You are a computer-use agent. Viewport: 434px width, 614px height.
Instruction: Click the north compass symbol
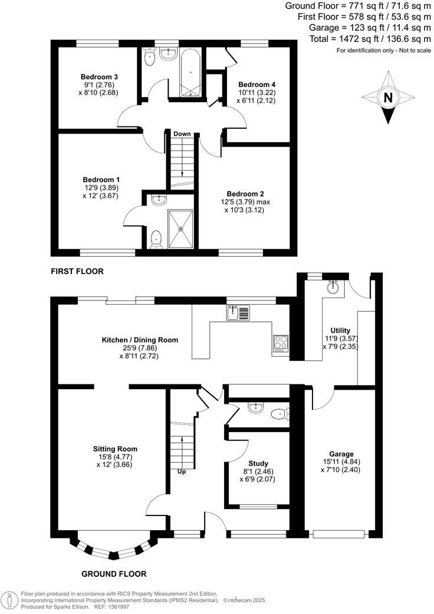point(387,97)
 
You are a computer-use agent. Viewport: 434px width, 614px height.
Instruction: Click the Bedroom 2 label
point(245,194)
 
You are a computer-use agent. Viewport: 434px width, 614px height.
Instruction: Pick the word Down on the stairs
point(182,134)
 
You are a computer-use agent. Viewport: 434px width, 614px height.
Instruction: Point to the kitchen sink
point(238,313)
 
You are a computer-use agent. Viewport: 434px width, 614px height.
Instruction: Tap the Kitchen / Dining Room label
point(140,340)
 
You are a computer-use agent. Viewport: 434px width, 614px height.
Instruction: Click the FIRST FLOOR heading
point(77,272)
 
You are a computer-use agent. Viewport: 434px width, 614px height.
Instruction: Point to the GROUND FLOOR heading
point(114,574)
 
